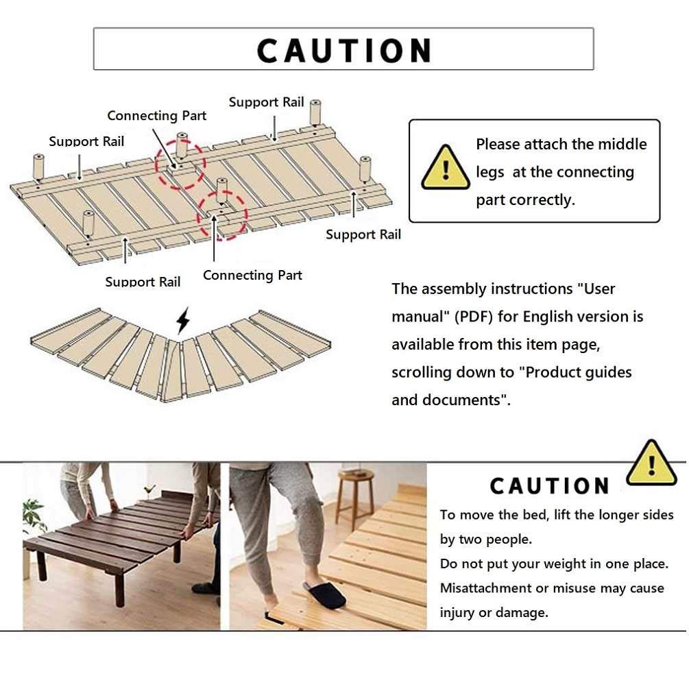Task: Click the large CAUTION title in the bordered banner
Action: [343, 51]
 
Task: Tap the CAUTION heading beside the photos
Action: [549, 486]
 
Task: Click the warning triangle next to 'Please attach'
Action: [446, 168]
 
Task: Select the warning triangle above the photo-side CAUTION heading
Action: [651, 464]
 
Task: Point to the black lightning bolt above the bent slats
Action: [182, 320]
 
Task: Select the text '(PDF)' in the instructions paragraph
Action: [472, 317]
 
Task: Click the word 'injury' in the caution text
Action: [457, 612]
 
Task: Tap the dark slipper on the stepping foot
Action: [326, 594]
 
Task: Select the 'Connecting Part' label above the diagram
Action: [156, 116]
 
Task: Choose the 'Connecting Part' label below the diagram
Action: [252, 275]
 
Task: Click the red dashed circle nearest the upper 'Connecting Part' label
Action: [180, 162]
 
